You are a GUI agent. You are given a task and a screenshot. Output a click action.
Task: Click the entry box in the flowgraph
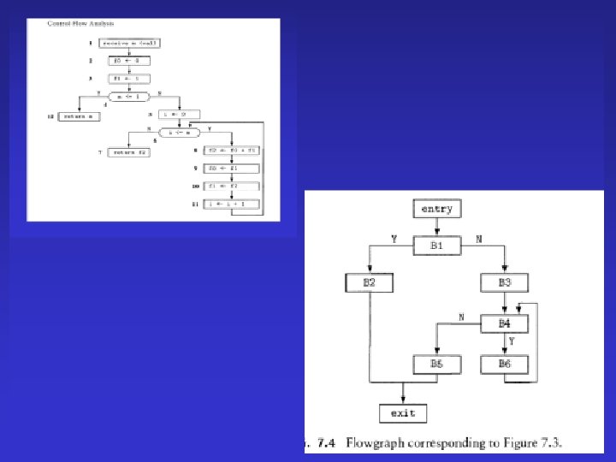[437, 209]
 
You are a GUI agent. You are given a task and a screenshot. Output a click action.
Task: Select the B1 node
[437, 246]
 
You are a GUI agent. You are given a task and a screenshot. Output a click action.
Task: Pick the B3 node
[504, 283]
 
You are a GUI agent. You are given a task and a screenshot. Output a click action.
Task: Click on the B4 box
[504, 323]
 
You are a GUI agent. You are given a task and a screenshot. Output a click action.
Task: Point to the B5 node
[436, 364]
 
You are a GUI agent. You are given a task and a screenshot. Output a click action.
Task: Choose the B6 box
[504, 364]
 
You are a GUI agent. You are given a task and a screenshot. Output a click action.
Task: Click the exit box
[402, 413]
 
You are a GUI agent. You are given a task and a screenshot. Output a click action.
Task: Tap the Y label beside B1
[394, 240]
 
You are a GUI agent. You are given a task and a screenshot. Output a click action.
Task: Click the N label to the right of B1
[478, 240]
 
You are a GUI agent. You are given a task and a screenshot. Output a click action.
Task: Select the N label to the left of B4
[462, 317]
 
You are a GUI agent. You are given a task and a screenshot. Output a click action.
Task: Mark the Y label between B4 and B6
[512, 341]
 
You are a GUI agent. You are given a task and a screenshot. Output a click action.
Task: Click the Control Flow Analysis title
[82, 23]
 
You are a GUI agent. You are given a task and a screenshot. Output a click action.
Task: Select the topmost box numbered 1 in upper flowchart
[130, 43]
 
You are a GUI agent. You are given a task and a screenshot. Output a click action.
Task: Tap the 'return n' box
[79, 115]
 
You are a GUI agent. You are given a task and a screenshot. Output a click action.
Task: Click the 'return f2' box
[129, 151]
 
